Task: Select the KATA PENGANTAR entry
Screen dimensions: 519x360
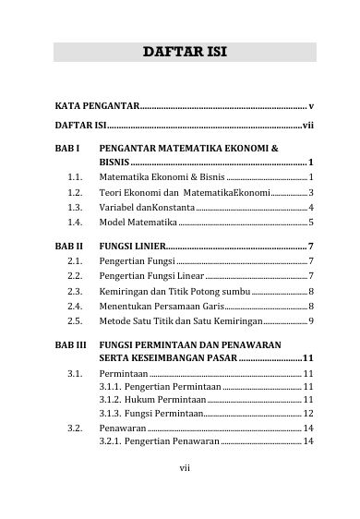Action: pyautogui.click(x=97, y=108)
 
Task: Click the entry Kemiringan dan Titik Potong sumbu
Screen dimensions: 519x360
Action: pyautogui.click(x=174, y=291)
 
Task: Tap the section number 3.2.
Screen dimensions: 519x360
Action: pyautogui.click(x=77, y=429)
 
